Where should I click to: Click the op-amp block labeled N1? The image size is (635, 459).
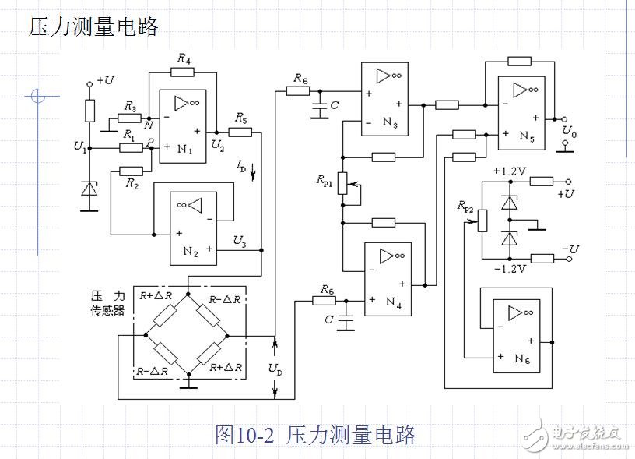tap(184, 125)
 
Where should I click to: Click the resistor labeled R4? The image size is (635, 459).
tap(182, 72)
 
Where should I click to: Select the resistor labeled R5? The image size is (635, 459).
tap(240, 132)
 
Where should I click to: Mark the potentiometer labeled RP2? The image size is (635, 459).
tap(481, 220)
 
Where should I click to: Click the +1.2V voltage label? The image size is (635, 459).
tap(509, 171)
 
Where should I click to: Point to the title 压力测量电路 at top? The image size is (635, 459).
tap(93, 27)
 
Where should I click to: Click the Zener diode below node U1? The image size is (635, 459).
tap(90, 189)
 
